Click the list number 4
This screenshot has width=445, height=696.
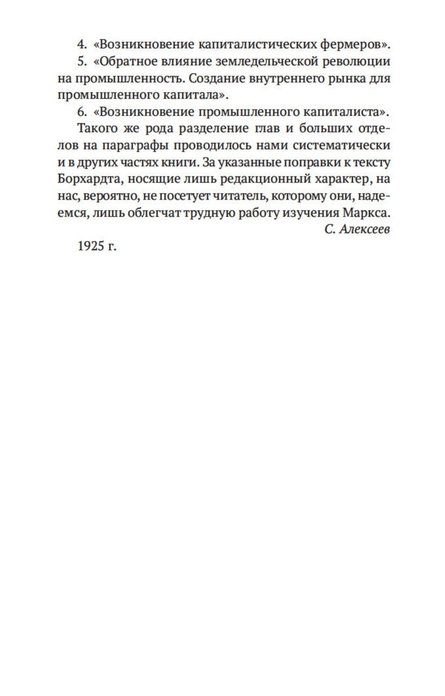(x=81, y=44)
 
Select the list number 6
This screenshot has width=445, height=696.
(x=81, y=111)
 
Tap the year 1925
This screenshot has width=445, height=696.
(x=91, y=246)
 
